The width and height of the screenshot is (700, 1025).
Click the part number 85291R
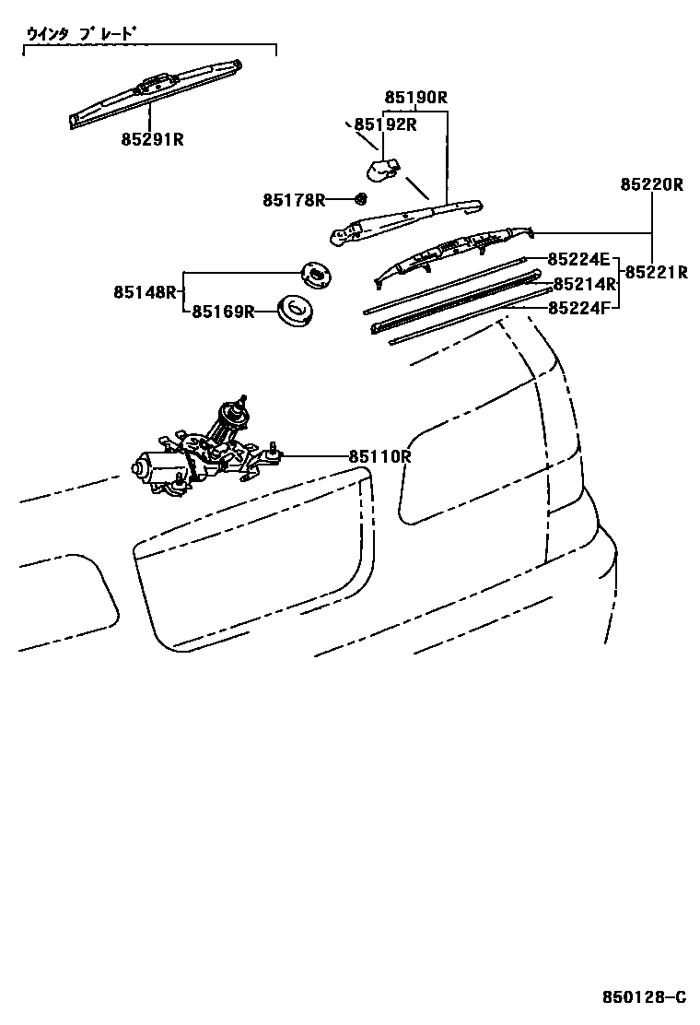coord(152,139)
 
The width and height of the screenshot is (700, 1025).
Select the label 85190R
coord(415,97)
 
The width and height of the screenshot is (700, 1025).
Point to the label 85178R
coord(294,199)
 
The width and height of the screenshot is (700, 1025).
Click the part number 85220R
coord(651,184)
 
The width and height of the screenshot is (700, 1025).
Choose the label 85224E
coord(578,259)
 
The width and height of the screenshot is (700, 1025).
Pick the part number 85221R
coord(657,272)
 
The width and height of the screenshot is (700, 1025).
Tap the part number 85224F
coord(578,308)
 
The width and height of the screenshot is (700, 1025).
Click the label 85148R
coord(145,291)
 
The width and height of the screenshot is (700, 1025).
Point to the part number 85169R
coord(223,312)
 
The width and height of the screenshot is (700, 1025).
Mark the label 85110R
coord(379,456)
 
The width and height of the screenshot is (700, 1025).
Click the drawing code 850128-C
coord(644,997)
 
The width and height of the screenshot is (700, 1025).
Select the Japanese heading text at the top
coord(81,35)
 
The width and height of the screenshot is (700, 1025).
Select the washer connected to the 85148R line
coord(316,273)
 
